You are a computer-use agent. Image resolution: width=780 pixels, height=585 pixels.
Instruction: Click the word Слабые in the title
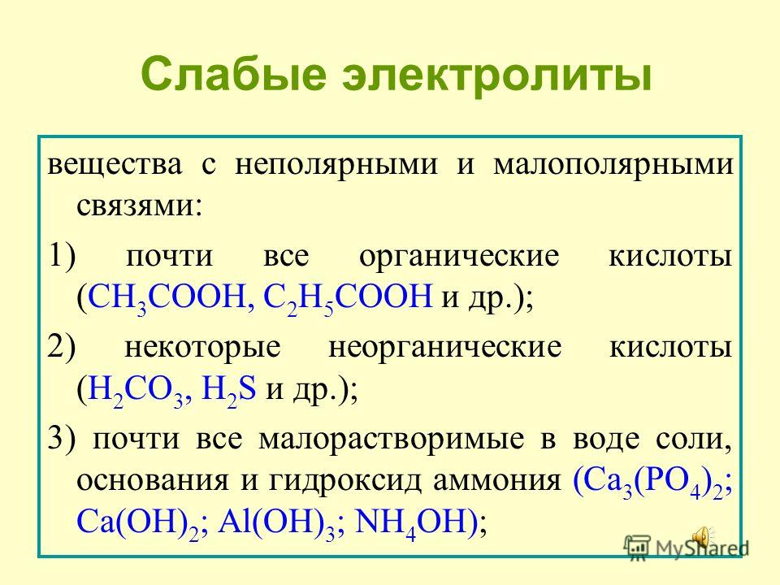(x=234, y=75)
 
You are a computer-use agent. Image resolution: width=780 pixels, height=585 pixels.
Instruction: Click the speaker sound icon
(x=702, y=538)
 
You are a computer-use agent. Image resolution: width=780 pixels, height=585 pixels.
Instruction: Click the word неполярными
(x=336, y=165)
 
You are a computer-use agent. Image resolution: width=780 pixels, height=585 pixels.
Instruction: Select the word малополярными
(x=613, y=165)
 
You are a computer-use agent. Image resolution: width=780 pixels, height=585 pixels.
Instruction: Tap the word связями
(x=140, y=205)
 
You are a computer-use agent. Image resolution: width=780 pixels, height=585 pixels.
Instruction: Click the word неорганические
(x=445, y=347)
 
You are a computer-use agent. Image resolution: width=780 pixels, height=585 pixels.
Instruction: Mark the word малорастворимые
(x=392, y=440)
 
